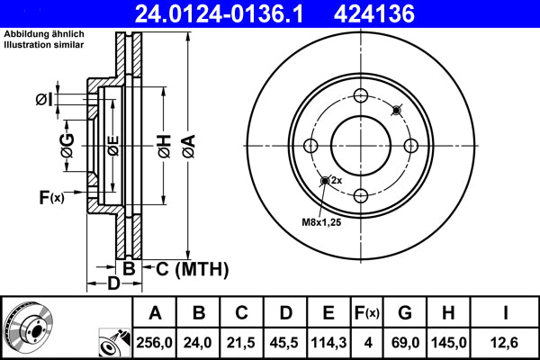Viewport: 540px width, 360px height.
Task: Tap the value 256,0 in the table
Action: (156, 342)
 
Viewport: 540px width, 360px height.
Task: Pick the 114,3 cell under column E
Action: (329, 342)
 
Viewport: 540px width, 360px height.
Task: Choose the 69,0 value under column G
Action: (406, 342)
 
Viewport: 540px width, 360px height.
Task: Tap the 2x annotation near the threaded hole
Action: (337, 181)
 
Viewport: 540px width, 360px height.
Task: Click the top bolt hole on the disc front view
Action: (360, 97)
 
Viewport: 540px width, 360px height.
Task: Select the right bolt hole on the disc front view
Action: (410, 147)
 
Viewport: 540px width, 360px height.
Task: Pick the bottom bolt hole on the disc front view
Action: (360, 196)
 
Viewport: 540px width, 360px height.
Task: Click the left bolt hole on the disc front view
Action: (310, 147)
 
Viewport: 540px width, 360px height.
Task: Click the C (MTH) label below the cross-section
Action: (192, 269)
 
